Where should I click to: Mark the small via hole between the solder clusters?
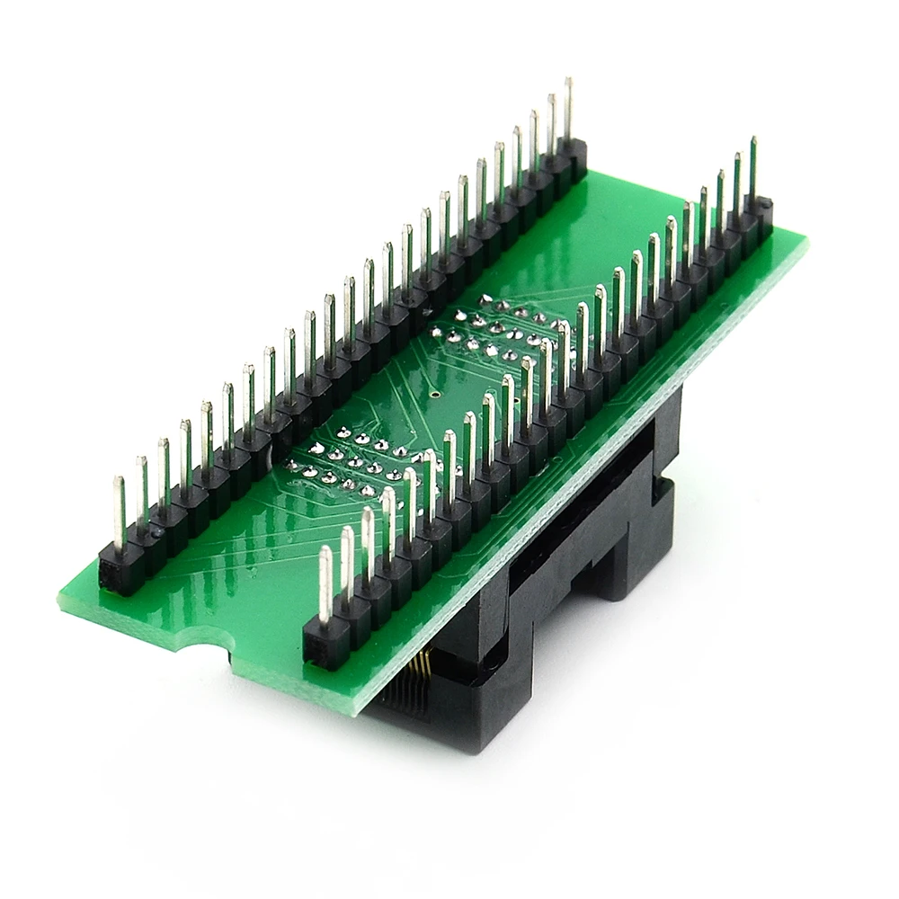tap(434, 393)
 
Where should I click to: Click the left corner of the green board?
tap(61, 602)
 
